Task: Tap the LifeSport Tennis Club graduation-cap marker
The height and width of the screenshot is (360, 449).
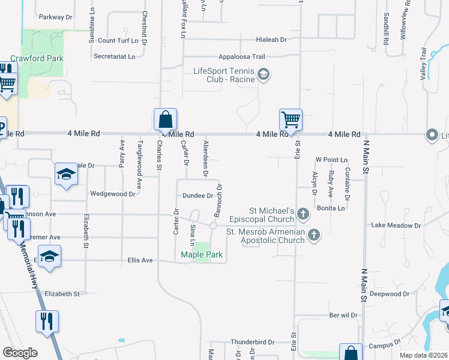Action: click(x=264, y=74)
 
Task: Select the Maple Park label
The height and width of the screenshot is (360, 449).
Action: click(x=202, y=255)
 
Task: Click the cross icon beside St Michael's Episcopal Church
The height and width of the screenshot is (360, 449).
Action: click(x=304, y=213)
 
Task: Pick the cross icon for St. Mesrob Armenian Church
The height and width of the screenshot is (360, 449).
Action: click(x=313, y=235)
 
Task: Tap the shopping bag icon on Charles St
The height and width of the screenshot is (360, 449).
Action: click(x=165, y=119)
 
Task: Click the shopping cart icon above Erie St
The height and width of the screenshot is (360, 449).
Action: click(x=291, y=119)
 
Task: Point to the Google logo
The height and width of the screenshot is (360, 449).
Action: click(x=20, y=353)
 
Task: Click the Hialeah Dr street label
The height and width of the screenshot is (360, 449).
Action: click(x=271, y=40)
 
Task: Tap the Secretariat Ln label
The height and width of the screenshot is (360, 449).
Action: click(x=115, y=56)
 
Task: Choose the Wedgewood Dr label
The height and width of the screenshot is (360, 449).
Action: click(x=112, y=194)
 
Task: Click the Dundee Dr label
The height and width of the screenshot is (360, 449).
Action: click(x=198, y=196)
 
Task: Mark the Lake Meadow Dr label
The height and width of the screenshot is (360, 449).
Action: click(x=396, y=226)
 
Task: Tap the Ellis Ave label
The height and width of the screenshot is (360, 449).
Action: click(x=140, y=260)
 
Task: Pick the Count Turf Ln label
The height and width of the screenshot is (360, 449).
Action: click(x=122, y=41)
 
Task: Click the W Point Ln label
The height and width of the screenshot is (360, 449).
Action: click(x=331, y=160)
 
